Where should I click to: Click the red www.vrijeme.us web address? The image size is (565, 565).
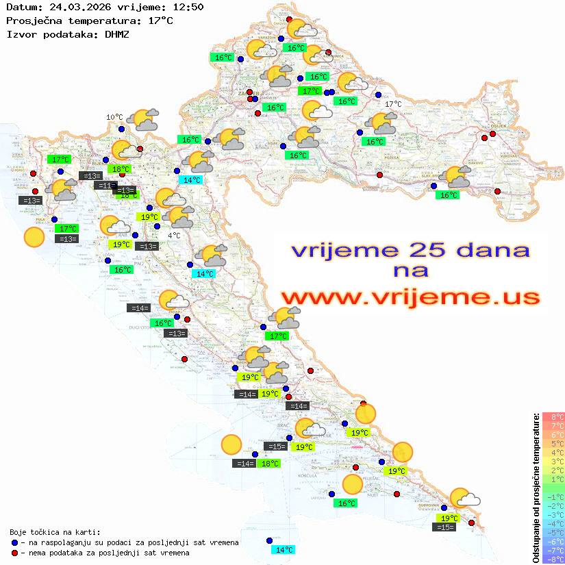tap(410, 298)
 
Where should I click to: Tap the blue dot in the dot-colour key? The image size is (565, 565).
tap(14, 542)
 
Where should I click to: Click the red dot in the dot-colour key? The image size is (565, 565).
tap(14, 553)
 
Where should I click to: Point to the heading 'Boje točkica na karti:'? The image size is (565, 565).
tap(55, 532)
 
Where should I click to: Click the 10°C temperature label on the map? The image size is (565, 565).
tap(114, 117)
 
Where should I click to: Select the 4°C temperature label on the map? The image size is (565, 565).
tap(173, 236)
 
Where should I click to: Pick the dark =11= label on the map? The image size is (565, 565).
tap(104, 186)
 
